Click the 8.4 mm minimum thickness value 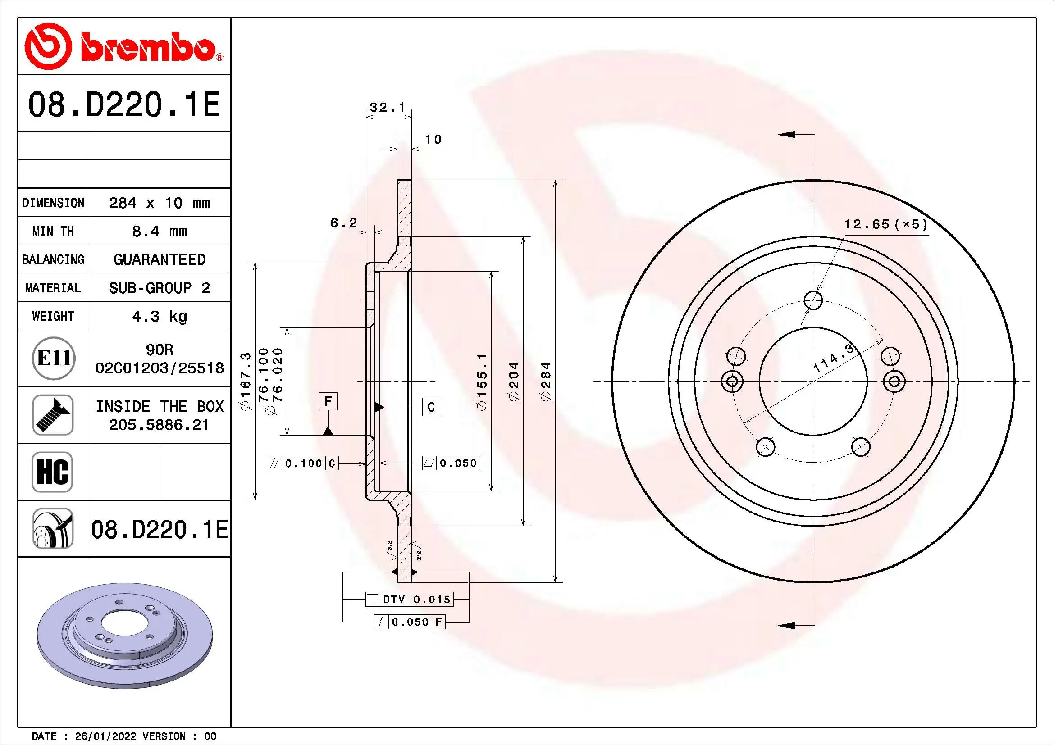(159, 231)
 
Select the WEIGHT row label (53, 316)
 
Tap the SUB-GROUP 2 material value (159, 288)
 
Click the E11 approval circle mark (53, 358)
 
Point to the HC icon (52, 472)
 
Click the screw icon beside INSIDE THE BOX (53, 415)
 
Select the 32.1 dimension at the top (388, 107)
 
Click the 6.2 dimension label (343, 223)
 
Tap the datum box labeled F (328, 401)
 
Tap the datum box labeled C (431, 407)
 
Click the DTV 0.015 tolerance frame (410, 599)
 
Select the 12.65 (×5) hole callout (885, 224)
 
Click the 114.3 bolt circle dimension (833, 358)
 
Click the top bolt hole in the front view (813, 300)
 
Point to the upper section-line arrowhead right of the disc (786, 134)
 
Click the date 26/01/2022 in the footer (105, 736)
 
